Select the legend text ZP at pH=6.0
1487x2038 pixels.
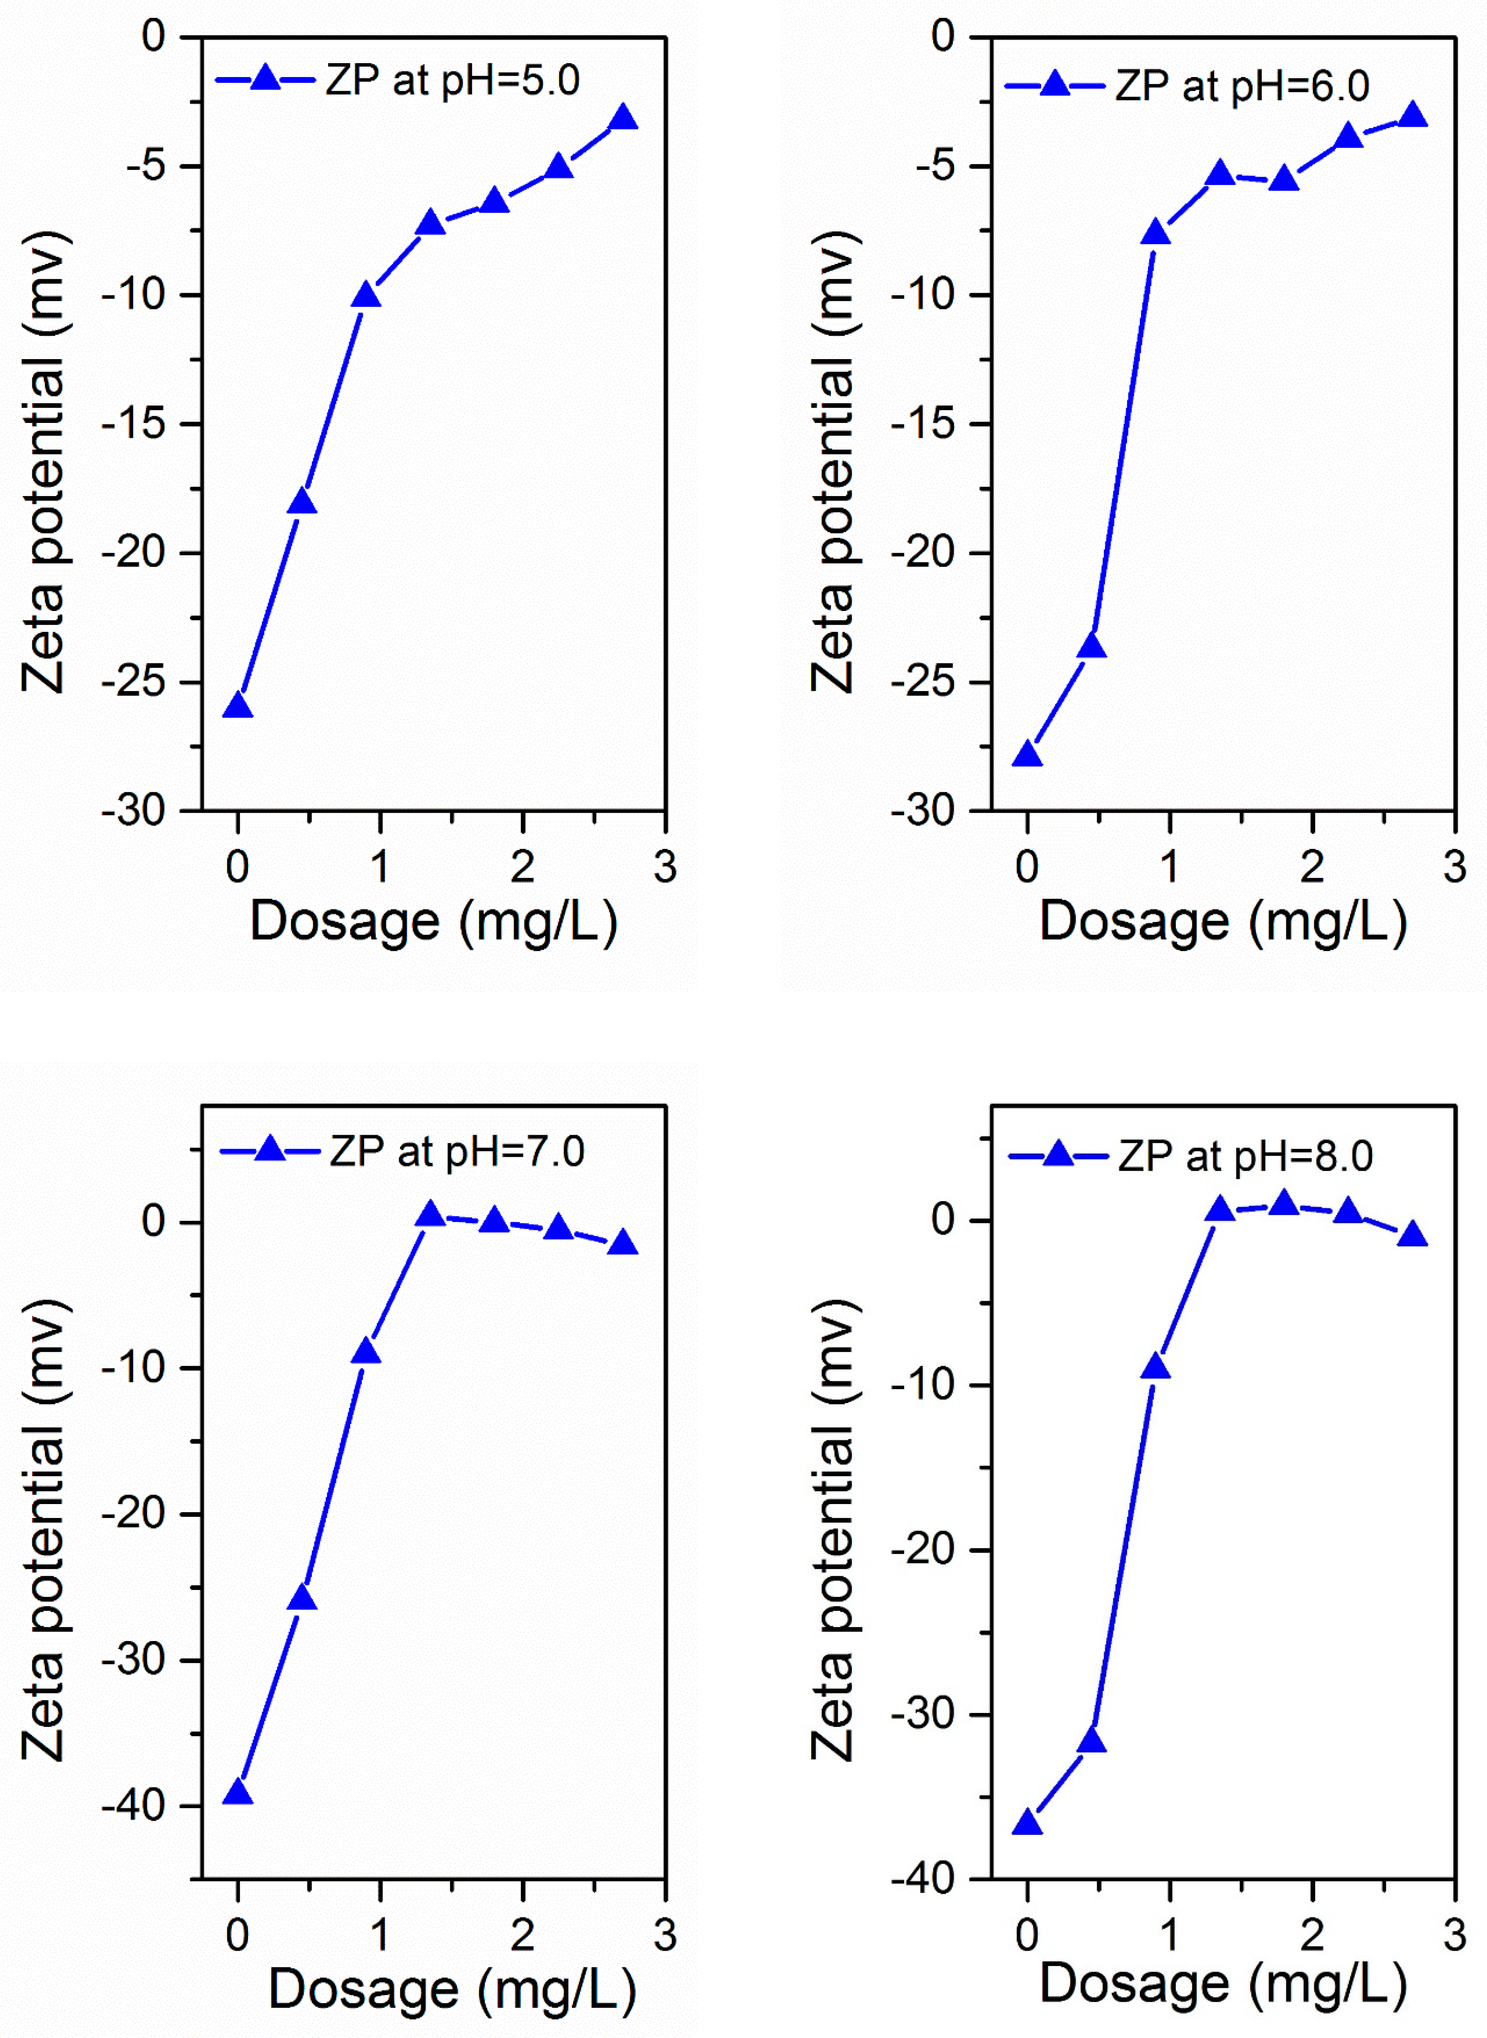pos(1242,86)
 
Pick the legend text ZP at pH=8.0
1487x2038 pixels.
pos(1246,1157)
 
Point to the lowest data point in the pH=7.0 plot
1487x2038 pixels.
pos(238,1791)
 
